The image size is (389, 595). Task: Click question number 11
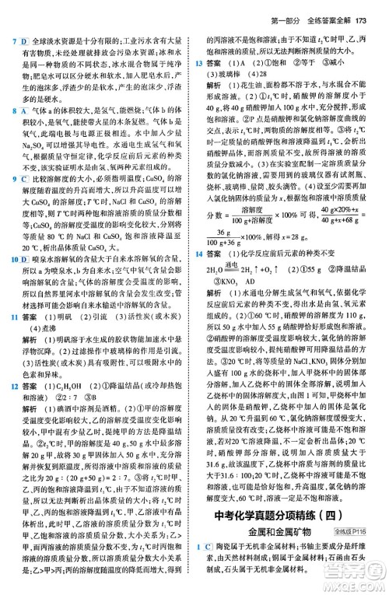(x=7, y=319)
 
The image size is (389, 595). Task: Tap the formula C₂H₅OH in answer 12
(x=75, y=385)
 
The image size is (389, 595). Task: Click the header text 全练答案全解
(x=321, y=9)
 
